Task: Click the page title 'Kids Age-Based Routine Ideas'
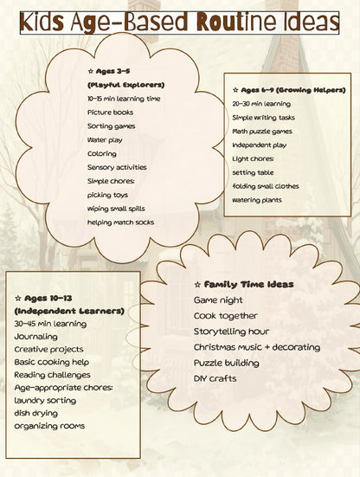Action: tap(180, 22)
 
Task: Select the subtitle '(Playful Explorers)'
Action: tap(125, 85)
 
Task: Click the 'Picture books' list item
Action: tap(111, 113)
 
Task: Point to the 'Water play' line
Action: tap(106, 139)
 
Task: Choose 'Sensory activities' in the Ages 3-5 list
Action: tap(117, 167)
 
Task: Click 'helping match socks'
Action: tap(121, 222)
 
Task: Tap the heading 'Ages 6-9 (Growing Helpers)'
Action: tap(289, 89)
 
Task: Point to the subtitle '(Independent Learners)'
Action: tap(69, 310)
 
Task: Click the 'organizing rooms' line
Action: tap(49, 426)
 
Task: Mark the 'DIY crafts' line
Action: tap(215, 378)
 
